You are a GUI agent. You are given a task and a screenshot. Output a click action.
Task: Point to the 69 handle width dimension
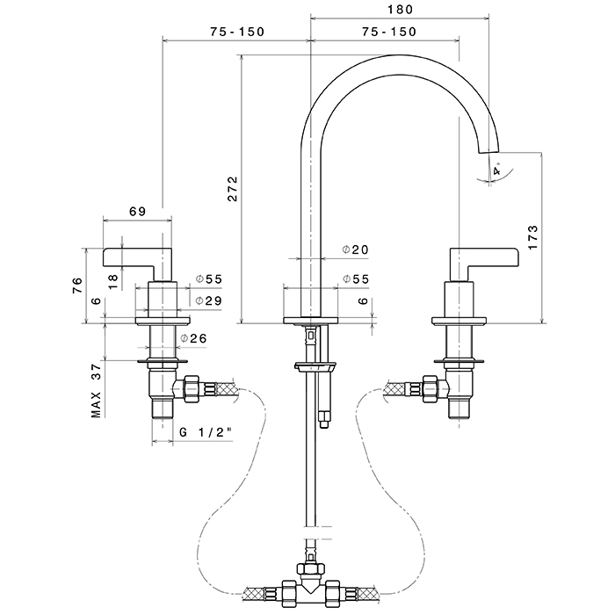[x=137, y=211]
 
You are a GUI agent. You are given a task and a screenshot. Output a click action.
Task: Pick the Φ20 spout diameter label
[x=355, y=250]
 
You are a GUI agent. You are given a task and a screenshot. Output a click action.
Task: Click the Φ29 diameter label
[x=208, y=301]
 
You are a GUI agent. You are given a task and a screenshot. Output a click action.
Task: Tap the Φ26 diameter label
[x=193, y=339]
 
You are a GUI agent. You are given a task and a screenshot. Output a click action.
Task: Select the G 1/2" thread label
[x=205, y=432]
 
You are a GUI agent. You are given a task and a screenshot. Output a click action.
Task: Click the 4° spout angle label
[x=497, y=171]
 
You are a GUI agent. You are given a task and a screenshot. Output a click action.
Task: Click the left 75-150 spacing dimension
[x=237, y=32]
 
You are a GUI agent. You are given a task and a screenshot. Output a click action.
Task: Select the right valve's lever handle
[x=483, y=257]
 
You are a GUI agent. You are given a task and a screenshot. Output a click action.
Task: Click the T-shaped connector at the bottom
[x=311, y=585]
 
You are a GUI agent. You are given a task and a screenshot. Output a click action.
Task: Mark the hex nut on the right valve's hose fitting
[x=430, y=387]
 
